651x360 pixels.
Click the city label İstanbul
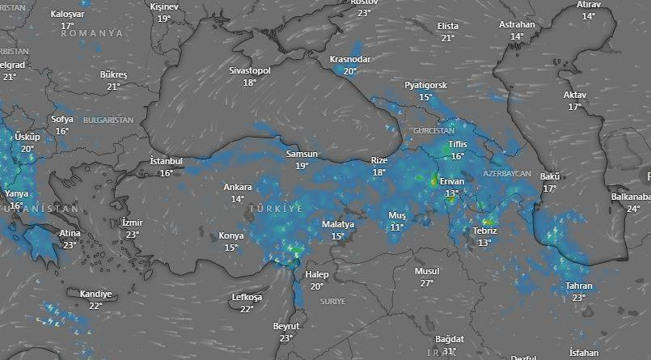click(x=167, y=161)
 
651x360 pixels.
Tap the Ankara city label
click(x=238, y=187)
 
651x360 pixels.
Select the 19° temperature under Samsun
click(x=302, y=166)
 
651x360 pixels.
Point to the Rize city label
click(x=379, y=160)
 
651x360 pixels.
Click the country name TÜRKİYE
click(x=276, y=209)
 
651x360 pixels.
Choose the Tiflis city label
click(x=458, y=145)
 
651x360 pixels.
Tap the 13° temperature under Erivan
click(x=451, y=193)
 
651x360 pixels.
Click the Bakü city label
click(x=550, y=176)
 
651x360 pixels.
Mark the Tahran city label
click(x=579, y=286)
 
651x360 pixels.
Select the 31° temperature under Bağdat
click(x=450, y=351)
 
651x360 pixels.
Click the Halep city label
click(x=316, y=275)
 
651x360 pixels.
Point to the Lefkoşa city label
click(x=247, y=297)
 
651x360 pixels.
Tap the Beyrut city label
click(x=286, y=326)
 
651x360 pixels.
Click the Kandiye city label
click(x=95, y=294)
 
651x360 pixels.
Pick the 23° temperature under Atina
click(x=70, y=245)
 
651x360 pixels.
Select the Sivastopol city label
click(x=249, y=70)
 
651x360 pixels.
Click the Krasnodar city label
click(x=350, y=60)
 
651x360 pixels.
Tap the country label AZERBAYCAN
click(x=507, y=174)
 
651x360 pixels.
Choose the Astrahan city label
click(x=518, y=24)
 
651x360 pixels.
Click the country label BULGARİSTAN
click(x=108, y=120)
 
